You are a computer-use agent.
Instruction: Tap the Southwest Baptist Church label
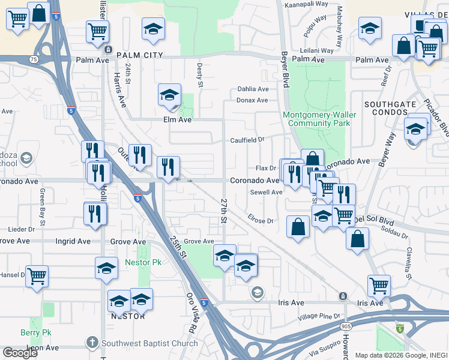pyautogui.click(x=149, y=344)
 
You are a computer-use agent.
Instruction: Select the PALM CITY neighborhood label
pyautogui.click(x=140, y=55)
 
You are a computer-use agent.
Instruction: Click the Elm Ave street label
pyautogui.click(x=177, y=120)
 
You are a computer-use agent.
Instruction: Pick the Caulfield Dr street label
pyautogui.click(x=247, y=140)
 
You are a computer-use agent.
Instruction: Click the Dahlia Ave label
pyautogui.click(x=253, y=89)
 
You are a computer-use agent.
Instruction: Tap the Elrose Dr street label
pyautogui.click(x=260, y=221)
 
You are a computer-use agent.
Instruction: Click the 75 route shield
pyautogui.click(x=34, y=60)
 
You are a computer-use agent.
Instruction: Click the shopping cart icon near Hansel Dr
pyautogui.click(x=37, y=277)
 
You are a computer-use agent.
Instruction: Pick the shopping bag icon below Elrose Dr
pyautogui.click(x=298, y=227)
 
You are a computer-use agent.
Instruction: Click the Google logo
pyautogui.click(x=20, y=352)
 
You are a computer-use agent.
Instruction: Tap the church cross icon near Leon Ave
pyautogui.click(x=92, y=343)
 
